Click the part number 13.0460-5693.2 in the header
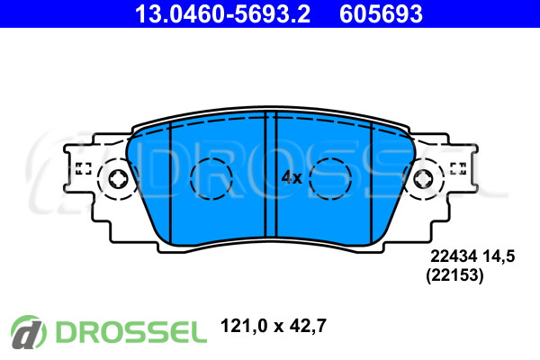(x=222, y=13)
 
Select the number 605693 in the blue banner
(x=381, y=13)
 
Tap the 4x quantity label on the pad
(x=292, y=178)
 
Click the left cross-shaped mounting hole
(x=118, y=179)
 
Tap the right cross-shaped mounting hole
(x=423, y=179)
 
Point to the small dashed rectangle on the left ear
(x=83, y=168)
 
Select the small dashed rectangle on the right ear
(x=458, y=168)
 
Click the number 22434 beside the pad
(x=454, y=256)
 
